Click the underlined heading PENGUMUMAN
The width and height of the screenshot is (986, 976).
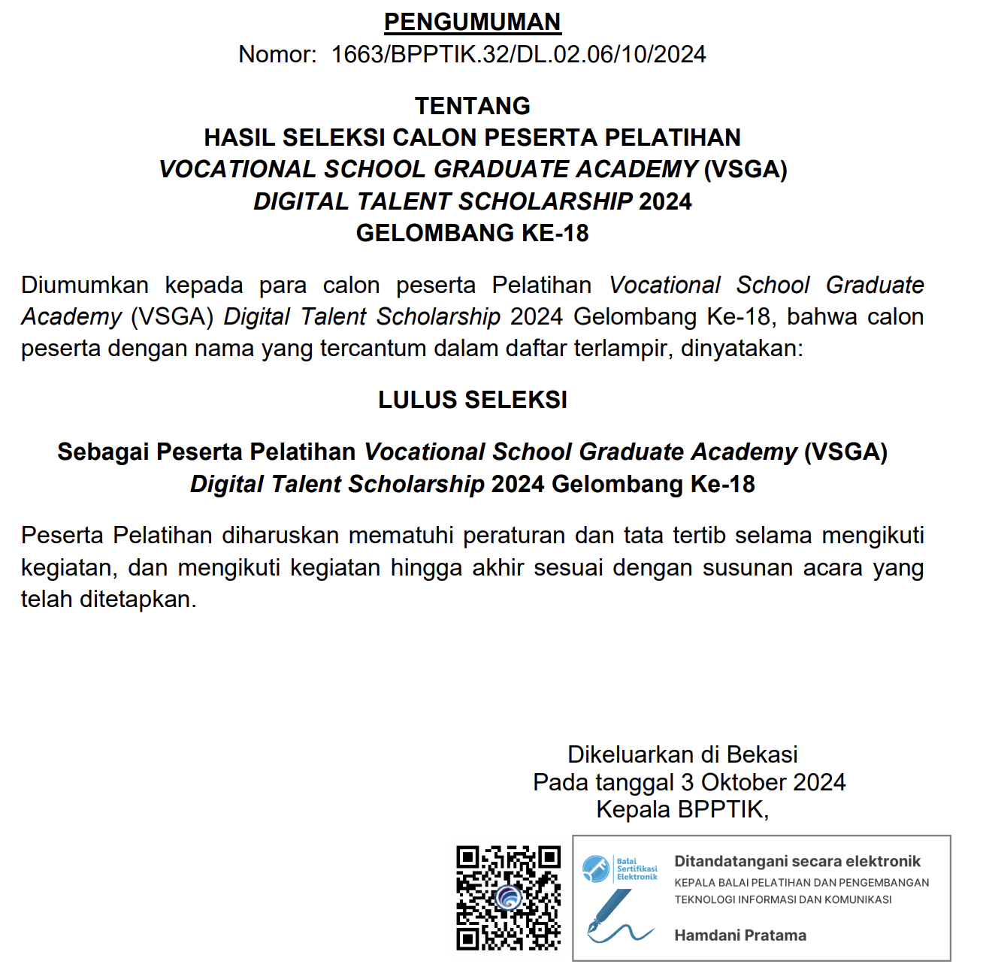[x=472, y=22]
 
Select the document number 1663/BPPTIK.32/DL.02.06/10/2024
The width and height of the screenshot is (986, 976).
[x=519, y=55]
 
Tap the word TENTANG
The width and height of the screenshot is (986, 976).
[x=472, y=106]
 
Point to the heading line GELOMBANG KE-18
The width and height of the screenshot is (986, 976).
[x=472, y=234]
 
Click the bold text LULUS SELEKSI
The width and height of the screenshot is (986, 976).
[x=472, y=400]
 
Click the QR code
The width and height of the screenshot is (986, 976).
[x=509, y=898]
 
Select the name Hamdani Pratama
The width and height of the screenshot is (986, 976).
[x=740, y=935]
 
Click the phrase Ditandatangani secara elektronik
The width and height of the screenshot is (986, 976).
[x=797, y=862]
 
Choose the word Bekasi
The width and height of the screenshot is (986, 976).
[x=762, y=754]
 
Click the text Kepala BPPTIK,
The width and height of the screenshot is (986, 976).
[x=682, y=810]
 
